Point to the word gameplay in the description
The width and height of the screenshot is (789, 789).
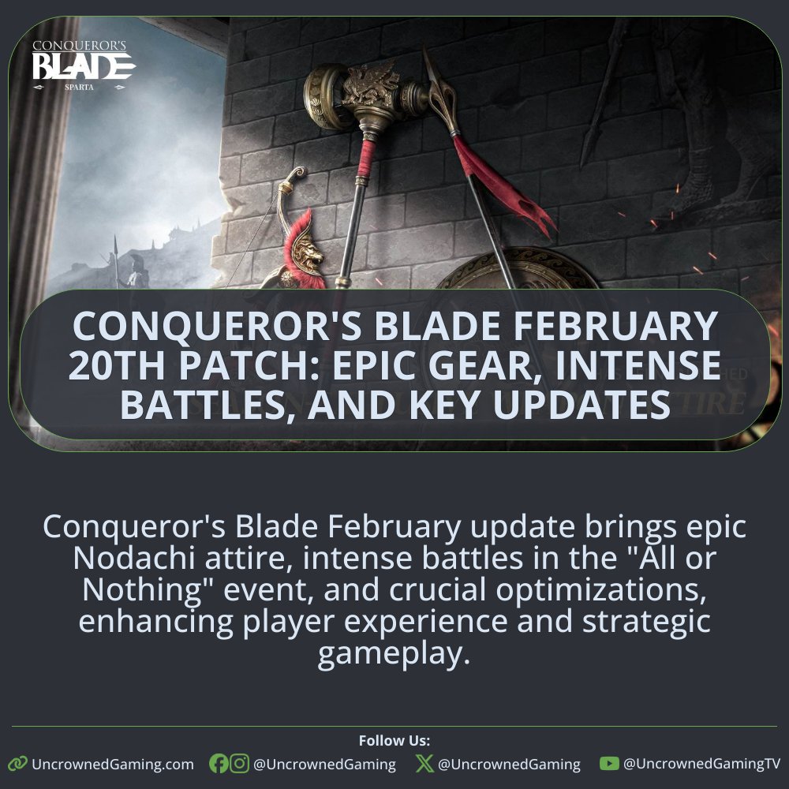[394, 654]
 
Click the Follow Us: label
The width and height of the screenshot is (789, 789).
[394, 741]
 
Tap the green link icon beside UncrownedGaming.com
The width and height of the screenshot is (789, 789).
[17, 764]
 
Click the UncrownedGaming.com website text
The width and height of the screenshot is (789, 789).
[112, 764]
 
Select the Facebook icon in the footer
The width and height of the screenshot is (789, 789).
[219, 764]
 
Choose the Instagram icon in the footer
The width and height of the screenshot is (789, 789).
[239, 764]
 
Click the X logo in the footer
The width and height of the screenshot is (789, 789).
[424, 764]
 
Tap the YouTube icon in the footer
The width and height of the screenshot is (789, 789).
[608, 764]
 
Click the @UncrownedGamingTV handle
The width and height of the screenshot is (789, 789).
[701, 764]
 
